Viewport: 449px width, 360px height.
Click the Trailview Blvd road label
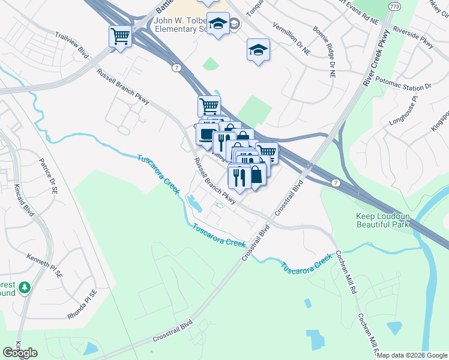click(x=71, y=46)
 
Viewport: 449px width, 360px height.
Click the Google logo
click(x=20, y=352)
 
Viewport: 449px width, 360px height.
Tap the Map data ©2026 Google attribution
click(x=412, y=355)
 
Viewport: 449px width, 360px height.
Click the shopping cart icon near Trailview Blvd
click(x=120, y=37)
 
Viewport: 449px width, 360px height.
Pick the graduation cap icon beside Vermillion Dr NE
click(x=258, y=50)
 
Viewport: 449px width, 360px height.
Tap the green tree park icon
click(x=24, y=289)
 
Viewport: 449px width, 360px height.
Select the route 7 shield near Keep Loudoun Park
click(x=336, y=182)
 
